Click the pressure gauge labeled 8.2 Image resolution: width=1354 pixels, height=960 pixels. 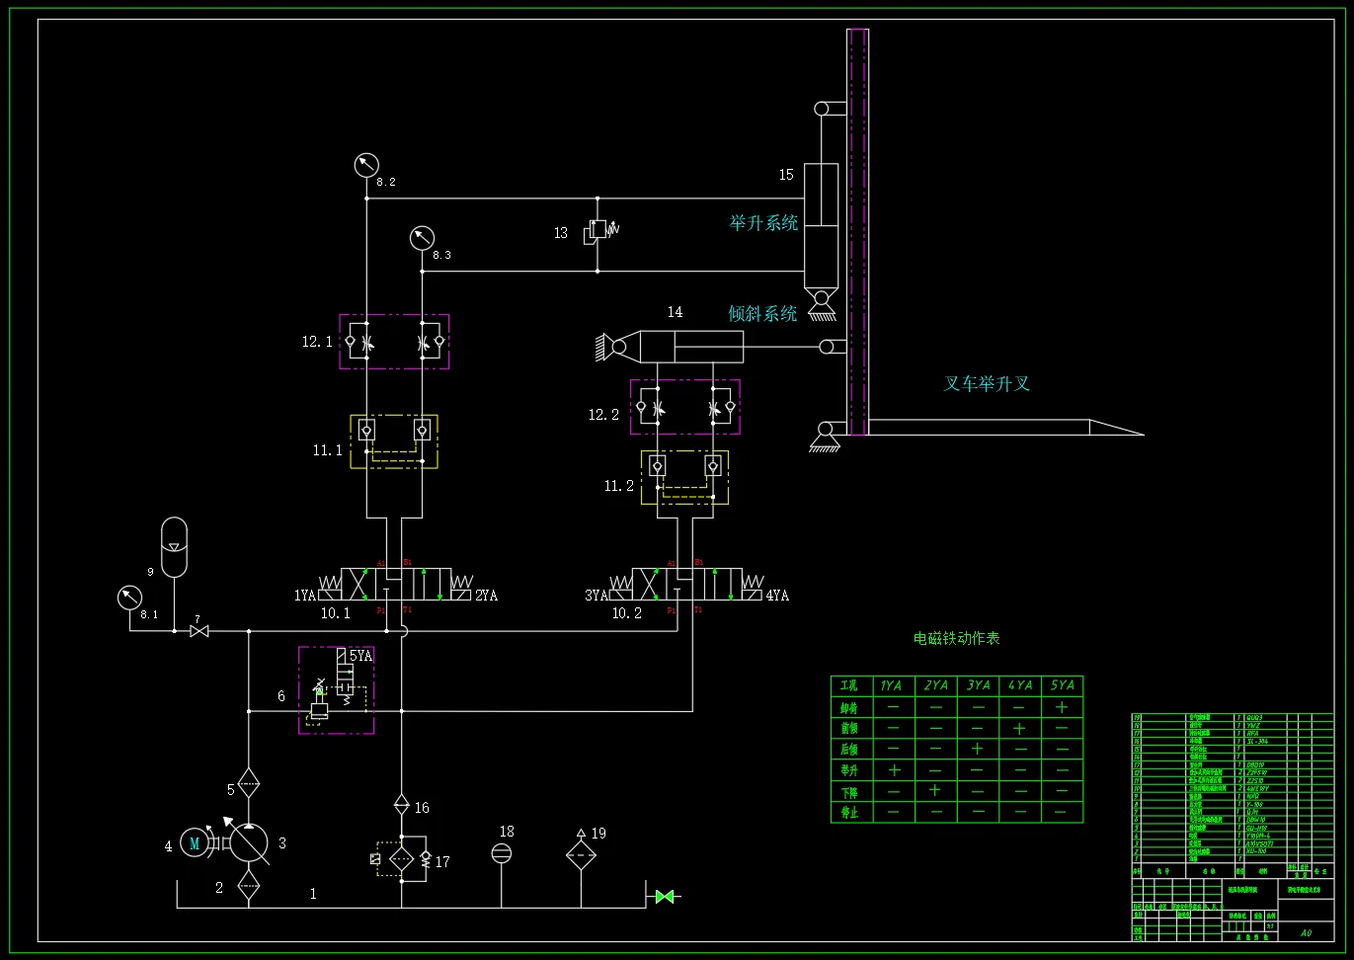tap(366, 164)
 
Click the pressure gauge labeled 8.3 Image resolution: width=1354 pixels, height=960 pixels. tap(422, 238)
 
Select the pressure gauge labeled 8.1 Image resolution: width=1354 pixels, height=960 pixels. tap(129, 598)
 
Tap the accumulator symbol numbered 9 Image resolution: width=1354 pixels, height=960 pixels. tap(174, 546)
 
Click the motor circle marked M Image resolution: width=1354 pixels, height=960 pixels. tap(195, 842)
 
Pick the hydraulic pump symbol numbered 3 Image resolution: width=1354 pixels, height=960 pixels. tap(248, 842)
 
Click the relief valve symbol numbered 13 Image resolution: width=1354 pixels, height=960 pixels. tap(597, 231)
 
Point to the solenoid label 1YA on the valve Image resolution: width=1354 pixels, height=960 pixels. tap(305, 596)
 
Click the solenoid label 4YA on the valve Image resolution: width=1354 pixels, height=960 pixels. tap(777, 596)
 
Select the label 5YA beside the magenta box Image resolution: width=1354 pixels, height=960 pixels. tap(360, 656)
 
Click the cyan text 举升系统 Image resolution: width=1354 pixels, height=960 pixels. tap(763, 223)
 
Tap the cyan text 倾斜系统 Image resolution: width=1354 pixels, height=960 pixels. tap(762, 314)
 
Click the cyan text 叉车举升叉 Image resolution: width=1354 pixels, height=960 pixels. tap(987, 384)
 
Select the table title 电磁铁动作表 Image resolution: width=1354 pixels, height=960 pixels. tap(956, 639)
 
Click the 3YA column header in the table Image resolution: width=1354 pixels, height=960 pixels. tap(978, 685)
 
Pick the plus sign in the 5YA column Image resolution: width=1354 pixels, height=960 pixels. tap(1062, 707)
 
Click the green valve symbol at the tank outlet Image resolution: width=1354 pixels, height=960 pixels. tap(664, 897)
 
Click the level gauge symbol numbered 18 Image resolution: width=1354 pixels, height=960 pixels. tap(502, 853)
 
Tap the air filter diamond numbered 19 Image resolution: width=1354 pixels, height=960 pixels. tap(581, 855)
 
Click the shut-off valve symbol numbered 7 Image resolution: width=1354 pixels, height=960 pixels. tap(199, 631)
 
